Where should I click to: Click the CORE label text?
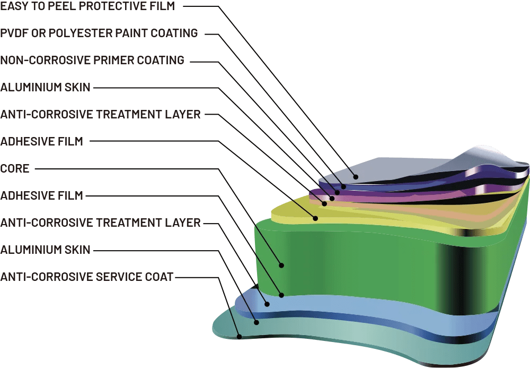click(x=15, y=169)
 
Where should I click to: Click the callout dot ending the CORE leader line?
click(x=282, y=264)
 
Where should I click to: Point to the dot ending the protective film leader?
click(x=356, y=176)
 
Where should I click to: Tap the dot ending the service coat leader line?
click(x=240, y=336)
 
